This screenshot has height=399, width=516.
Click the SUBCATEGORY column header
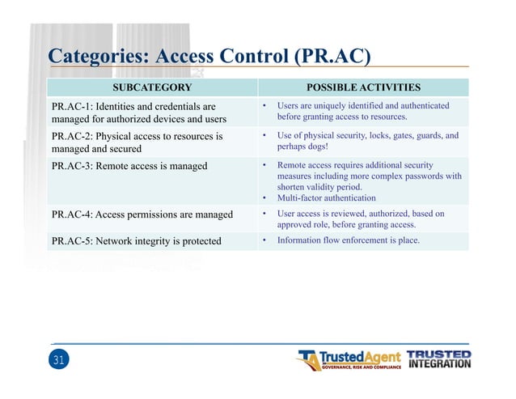[151, 87]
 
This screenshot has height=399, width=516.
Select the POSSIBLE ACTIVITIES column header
[363, 87]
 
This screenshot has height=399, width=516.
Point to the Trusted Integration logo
[438, 359]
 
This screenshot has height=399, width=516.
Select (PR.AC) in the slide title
[334, 56]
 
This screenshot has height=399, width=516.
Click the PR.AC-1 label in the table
[72, 106]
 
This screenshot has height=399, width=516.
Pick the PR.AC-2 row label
[72, 136]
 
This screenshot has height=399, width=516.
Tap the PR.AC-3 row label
[72, 166]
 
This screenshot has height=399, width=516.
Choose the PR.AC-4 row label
[72, 214]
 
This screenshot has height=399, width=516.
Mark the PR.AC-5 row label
[72, 240]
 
